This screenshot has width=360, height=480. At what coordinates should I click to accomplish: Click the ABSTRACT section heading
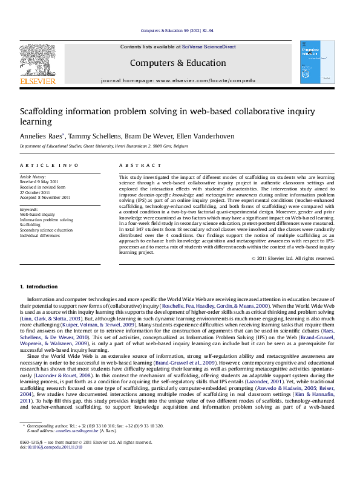point(133,165)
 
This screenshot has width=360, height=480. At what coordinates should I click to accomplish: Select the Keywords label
point(29,209)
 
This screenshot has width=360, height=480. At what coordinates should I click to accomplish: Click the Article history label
point(33,175)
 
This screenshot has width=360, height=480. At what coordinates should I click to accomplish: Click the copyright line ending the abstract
point(293,258)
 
